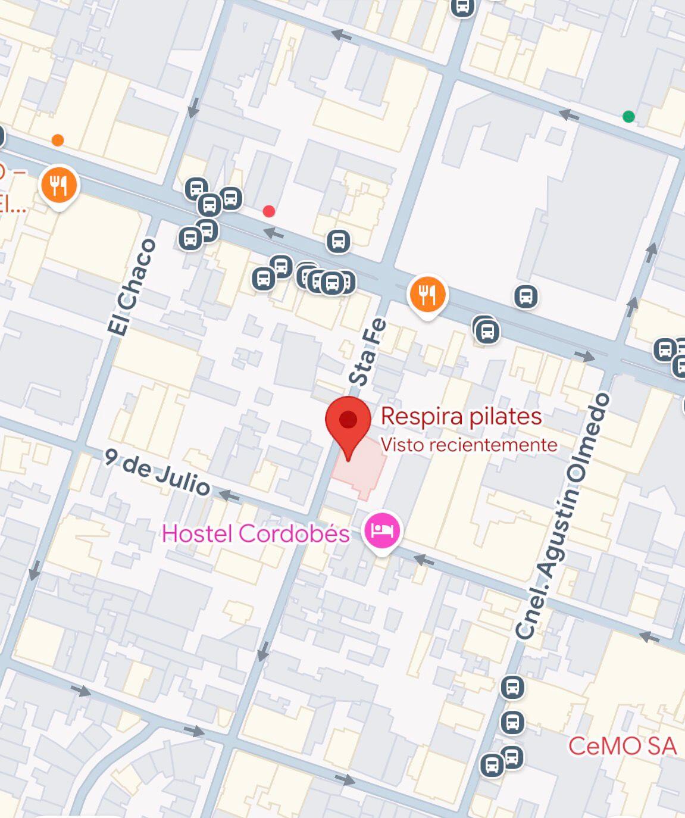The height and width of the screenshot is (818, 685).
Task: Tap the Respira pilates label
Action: point(461,416)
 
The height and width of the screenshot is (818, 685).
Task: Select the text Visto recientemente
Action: point(469,445)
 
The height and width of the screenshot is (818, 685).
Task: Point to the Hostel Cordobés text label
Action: point(256,533)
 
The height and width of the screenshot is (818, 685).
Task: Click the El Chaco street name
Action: point(132,288)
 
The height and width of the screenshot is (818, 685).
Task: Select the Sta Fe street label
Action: point(368,352)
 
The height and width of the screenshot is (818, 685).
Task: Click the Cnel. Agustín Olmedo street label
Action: point(562,516)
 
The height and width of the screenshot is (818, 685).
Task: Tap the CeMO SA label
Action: point(623,746)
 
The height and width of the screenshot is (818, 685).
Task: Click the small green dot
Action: point(628,116)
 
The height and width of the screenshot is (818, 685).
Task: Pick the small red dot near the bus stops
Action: point(269,211)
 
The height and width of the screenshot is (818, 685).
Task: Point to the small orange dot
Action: point(58,141)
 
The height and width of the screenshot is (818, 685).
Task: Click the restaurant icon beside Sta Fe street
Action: point(427,294)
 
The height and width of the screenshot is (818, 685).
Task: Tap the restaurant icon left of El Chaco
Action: point(58,186)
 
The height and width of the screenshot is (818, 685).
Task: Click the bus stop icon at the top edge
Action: point(462,8)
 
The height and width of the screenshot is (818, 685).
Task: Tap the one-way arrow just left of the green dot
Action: point(569,114)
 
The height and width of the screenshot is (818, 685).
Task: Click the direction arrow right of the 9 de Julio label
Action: point(229,495)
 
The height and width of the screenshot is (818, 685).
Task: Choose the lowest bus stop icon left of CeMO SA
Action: point(492,765)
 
